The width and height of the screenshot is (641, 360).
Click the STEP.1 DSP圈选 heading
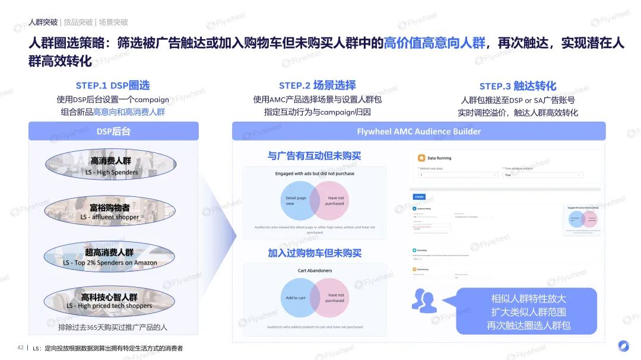(113, 85)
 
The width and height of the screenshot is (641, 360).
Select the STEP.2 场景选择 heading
(318, 85)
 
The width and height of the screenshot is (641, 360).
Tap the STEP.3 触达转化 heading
(518, 86)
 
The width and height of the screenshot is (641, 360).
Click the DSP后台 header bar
(113, 131)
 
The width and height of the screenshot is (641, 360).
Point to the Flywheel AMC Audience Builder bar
(418, 131)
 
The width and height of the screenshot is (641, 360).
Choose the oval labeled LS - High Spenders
(111, 165)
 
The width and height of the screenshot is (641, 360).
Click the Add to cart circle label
(296, 298)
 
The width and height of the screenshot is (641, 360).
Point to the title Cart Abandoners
(315, 270)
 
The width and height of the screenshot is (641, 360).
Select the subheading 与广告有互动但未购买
(314, 156)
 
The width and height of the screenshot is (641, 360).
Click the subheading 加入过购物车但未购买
(314, 253)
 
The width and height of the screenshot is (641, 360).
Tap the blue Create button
(419, 196)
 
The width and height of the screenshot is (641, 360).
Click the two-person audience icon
(424, 301)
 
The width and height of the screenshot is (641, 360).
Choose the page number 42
(20, 348)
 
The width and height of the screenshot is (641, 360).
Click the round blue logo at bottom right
(623, 346)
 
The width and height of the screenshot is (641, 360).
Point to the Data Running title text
(439, 158)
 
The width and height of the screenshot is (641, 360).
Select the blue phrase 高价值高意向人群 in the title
(434, 43)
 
